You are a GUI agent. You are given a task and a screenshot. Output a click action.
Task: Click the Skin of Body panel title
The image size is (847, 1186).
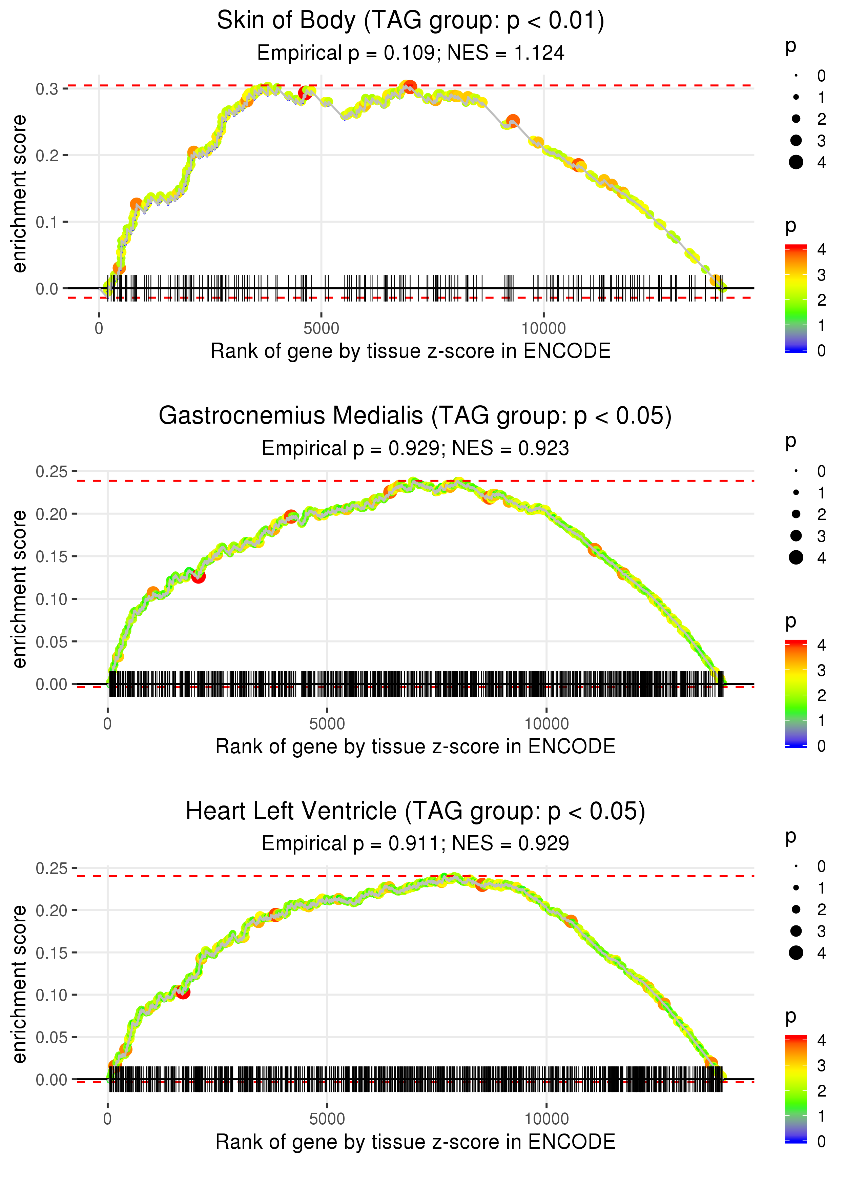pos(411,21)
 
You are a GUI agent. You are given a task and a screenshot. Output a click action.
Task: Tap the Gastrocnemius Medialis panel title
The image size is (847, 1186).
pos(415,416)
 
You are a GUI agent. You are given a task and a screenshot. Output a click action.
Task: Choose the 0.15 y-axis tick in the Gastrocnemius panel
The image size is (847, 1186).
pos(51,556)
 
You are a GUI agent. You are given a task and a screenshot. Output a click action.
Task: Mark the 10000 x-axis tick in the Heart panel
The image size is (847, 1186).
pos(546,1119)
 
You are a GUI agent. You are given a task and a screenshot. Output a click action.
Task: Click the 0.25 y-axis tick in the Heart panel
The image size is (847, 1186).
pos(51,868)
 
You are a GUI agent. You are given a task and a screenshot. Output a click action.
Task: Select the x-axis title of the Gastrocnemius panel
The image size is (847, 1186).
pos(415,747)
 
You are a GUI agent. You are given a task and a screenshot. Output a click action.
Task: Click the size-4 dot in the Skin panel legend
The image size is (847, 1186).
pos(796,162)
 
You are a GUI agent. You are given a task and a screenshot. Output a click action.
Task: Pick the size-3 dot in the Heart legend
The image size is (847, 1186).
pos(796,931)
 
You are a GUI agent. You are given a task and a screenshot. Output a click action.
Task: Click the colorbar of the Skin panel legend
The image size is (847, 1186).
pos(796,298)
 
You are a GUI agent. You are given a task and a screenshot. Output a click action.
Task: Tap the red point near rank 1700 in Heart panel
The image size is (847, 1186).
pos(183,992)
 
